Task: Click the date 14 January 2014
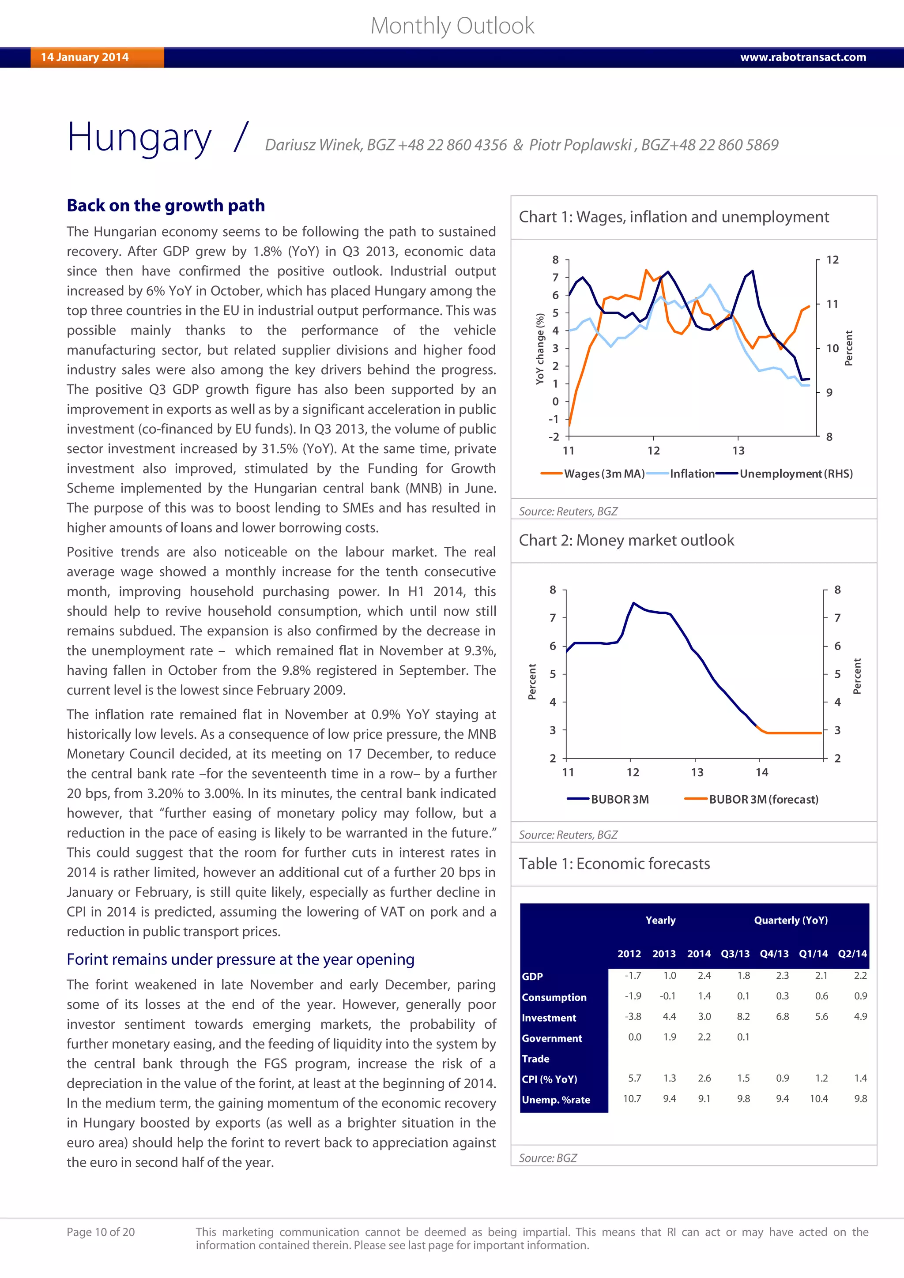[x=85, y=57]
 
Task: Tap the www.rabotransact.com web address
[x=802, y=57]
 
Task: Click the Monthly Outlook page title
[x=452, y=26]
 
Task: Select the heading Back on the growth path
[x=166, y=205]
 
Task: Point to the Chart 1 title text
[x=674, y=217]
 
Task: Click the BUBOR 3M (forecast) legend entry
[x=763, y=799]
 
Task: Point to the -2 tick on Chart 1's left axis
[x=554, y=437]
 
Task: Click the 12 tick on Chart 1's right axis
[x=832, y=260]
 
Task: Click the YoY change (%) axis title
[x=539, y=349]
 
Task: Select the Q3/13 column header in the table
[x=735, y=954]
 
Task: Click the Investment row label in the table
[x=549, y=1018]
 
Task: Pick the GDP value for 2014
[x=704, y=975]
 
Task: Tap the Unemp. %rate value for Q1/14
[x=818, y=1098]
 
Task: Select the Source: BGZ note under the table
[x=548, y=1158]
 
